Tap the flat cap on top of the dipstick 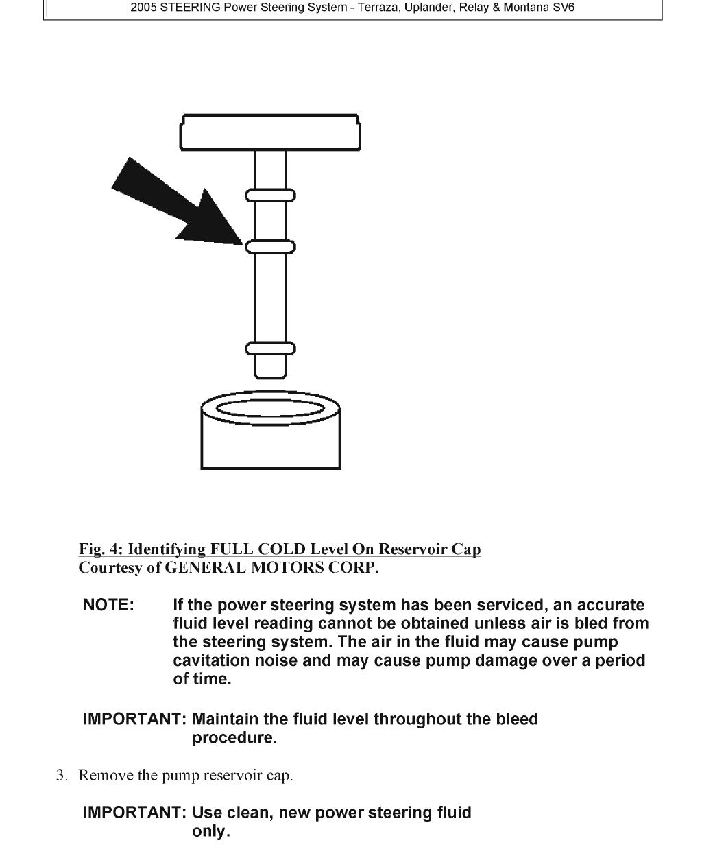coord(270,132)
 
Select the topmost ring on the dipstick coord(270,195)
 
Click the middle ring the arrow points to coord(270,246)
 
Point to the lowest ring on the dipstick coord(270,348)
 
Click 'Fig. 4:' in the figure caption coord(101,549)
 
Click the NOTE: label coord(108,606)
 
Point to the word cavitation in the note coord(211,661)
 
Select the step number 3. coord(61,776)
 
